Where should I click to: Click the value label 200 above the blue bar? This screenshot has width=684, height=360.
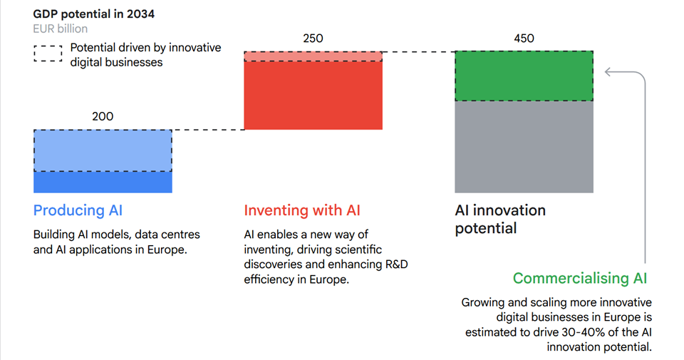click(x=103, y=116)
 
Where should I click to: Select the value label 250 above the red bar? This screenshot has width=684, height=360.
click(x=313, y=38)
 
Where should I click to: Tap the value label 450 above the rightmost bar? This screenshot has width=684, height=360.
click(x=524, y=38)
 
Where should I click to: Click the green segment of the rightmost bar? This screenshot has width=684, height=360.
click(x=524, y=76)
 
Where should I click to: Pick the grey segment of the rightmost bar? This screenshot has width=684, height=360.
click(x=524, y=147)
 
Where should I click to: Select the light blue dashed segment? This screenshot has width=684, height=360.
click(x=103, y=150)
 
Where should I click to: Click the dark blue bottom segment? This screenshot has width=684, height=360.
click(x=103, y=182)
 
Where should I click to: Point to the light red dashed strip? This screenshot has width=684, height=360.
click(x=313, y=56)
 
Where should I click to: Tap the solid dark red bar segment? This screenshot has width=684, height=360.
click(x=313, y=96)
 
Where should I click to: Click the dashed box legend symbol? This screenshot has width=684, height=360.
click(x=48, y=53)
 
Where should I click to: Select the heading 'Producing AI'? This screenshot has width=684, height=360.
click(x=78, y=210)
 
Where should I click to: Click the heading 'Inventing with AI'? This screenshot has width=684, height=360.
click(x=302, y=210)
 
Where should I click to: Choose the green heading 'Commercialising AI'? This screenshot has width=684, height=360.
click(x=580, y=279)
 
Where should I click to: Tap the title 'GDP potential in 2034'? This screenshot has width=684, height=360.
click(x=94, y=14)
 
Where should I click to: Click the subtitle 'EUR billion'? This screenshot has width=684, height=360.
click(x=60, y=29)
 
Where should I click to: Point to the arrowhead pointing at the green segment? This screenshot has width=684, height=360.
click(x=608, y=71)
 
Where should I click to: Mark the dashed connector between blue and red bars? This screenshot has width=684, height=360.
click(x=208, y=130)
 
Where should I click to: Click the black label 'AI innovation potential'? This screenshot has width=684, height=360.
click(x=500, y=219)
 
